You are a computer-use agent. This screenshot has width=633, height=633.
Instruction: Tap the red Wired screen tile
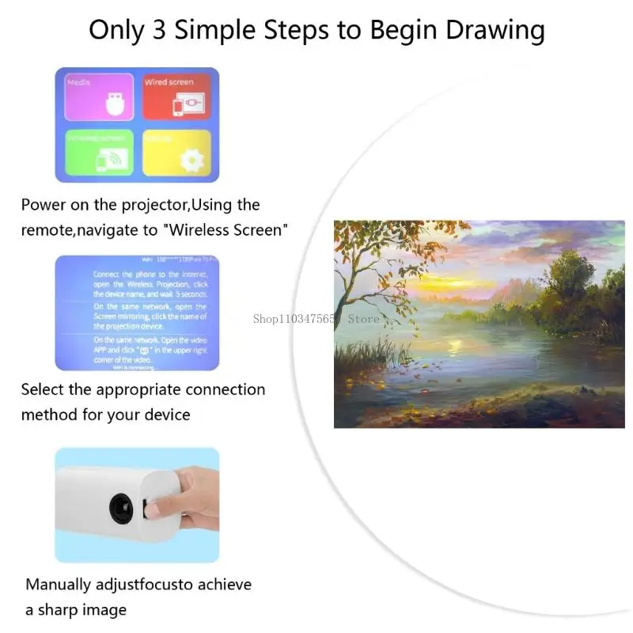click(176, 97)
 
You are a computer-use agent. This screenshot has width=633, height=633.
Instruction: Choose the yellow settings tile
click(176, 152)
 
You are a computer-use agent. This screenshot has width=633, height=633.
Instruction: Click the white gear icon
click(191, 160)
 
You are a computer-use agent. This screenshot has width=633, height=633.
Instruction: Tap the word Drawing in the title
click(495, 30)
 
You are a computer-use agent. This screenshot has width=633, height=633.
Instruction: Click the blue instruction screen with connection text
click(136, 313)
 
